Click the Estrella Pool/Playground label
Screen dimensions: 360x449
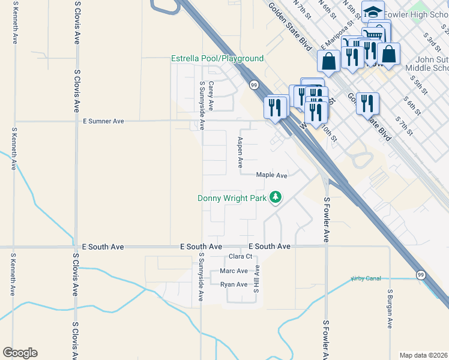[x=217, y=58]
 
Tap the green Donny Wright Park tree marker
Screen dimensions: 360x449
[x=276, y=197]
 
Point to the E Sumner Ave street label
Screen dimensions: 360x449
[x=103, y=121]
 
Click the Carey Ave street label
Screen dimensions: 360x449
[x=211, y=97]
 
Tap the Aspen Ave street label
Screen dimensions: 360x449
[x=240, y=152]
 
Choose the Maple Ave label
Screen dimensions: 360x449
[x=271, y=175]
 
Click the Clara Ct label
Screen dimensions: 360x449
[x=241, y=257]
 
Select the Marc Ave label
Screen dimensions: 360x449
[x=234, y=271]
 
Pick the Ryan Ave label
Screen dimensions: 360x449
[x=234, y=284]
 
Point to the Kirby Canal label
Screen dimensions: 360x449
[x=366, y=279]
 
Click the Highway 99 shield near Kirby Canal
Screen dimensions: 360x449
[x=421, y=275]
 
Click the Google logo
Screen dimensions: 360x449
[x=20, y=353]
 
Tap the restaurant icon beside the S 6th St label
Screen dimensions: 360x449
[x=367, y=103]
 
